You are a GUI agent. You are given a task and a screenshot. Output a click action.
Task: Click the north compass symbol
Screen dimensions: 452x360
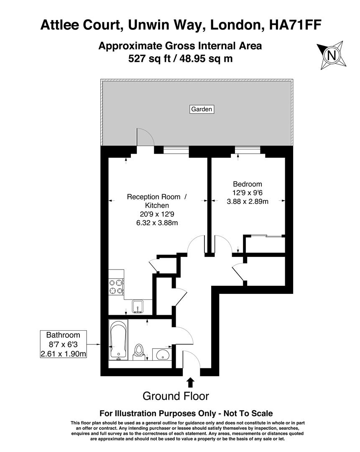(x=332, y=55)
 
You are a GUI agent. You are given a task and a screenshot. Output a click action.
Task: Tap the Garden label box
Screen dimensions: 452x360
(x=202, y=109)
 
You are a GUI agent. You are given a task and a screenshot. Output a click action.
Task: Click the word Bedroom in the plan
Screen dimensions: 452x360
(x=248, y=184)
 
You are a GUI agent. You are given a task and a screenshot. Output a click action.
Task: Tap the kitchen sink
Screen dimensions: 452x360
(x=138, y=306)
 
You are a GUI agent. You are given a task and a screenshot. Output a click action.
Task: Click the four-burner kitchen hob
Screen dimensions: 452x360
(x=116, y=287)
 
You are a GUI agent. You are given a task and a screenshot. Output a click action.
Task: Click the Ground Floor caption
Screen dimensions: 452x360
(x=176, y=396)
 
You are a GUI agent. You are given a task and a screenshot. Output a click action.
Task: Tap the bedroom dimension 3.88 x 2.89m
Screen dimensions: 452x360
(x=248, y=201)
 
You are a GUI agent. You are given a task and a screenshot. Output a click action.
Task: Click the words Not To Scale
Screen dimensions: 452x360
(x=247, y=413)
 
